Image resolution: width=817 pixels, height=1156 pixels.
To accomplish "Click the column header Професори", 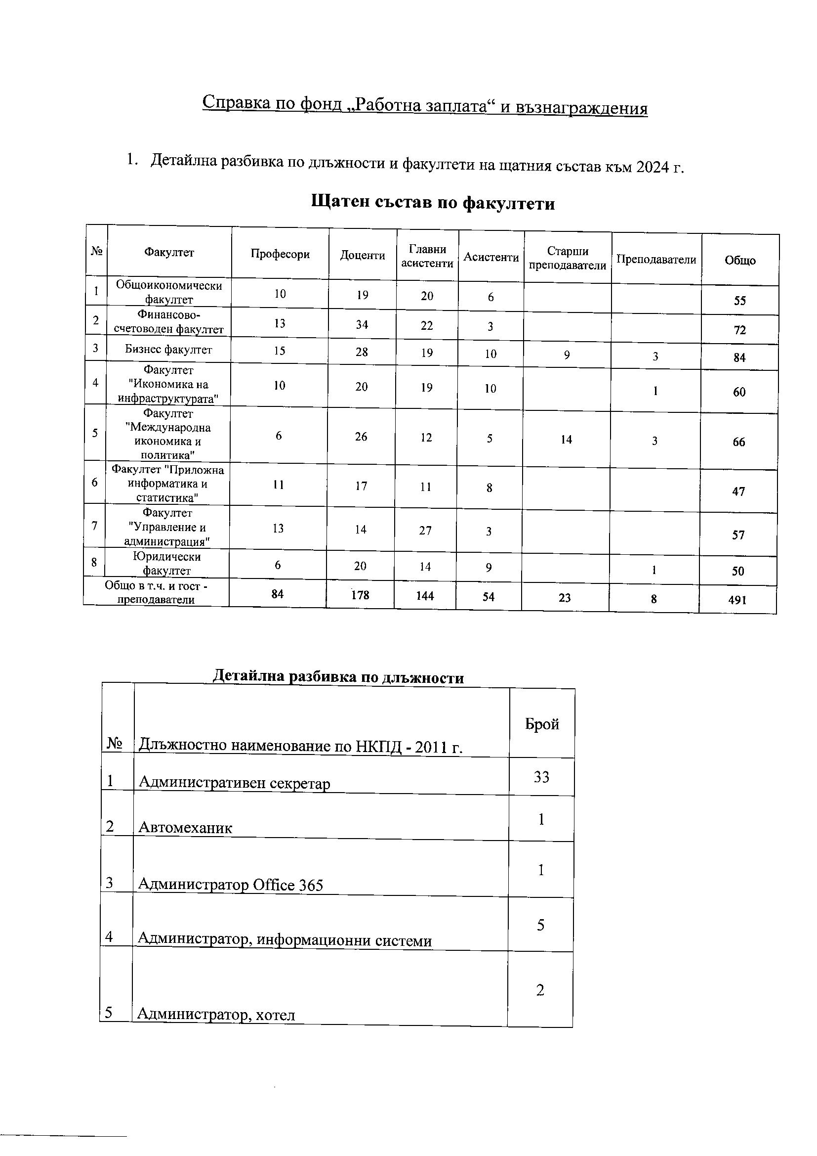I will point(280,254).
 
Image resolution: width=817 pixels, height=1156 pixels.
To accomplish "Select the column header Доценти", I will point(362,256).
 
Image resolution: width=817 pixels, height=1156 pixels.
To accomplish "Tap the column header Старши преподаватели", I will point(568,258).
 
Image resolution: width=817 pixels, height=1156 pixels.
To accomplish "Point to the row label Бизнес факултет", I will point(168,350).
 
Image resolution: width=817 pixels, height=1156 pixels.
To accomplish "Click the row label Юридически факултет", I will point(166,563).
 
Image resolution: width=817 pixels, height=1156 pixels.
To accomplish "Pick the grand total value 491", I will point(737,600).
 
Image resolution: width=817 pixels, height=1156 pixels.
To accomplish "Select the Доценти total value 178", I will point(360,595).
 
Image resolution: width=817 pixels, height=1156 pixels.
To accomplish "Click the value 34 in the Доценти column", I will point(362,325).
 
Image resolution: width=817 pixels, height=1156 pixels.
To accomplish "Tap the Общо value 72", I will point(739,330).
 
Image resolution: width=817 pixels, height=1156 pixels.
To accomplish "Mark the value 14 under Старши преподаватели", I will point(567,440).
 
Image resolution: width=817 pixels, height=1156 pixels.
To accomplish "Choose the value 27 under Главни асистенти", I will point(426,531).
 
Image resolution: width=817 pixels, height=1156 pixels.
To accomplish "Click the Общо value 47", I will point(738,491).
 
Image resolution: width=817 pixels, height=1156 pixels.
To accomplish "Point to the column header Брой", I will point(542,724).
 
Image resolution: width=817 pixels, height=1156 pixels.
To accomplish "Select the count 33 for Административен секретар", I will point(541,777).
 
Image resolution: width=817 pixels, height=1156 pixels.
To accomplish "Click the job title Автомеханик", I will point(185,828).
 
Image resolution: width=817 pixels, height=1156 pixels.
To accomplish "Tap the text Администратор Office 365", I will point(230,885).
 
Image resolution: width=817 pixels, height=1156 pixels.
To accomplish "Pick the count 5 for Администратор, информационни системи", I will point(541,925).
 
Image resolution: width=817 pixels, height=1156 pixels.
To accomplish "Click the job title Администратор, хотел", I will point(216,1014).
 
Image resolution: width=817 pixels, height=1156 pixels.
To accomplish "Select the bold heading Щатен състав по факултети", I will point(433,202).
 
